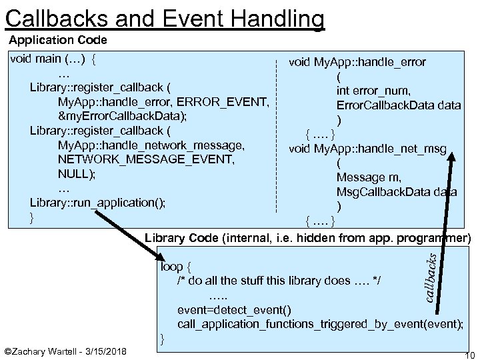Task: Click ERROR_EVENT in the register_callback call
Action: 226,102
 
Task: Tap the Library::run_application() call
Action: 98,203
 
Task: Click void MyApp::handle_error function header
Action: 357,62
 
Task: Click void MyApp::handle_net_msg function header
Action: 367,149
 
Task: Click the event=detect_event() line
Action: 233,310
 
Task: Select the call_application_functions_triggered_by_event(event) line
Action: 320,324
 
